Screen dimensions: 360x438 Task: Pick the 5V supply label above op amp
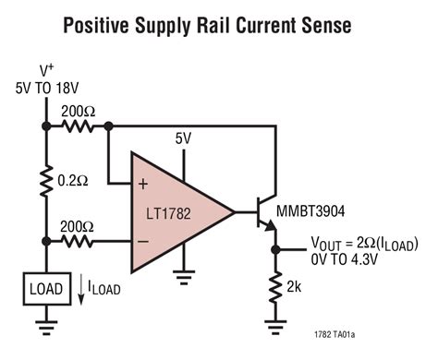point(184,138)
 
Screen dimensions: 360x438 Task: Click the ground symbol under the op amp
point(185,273)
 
